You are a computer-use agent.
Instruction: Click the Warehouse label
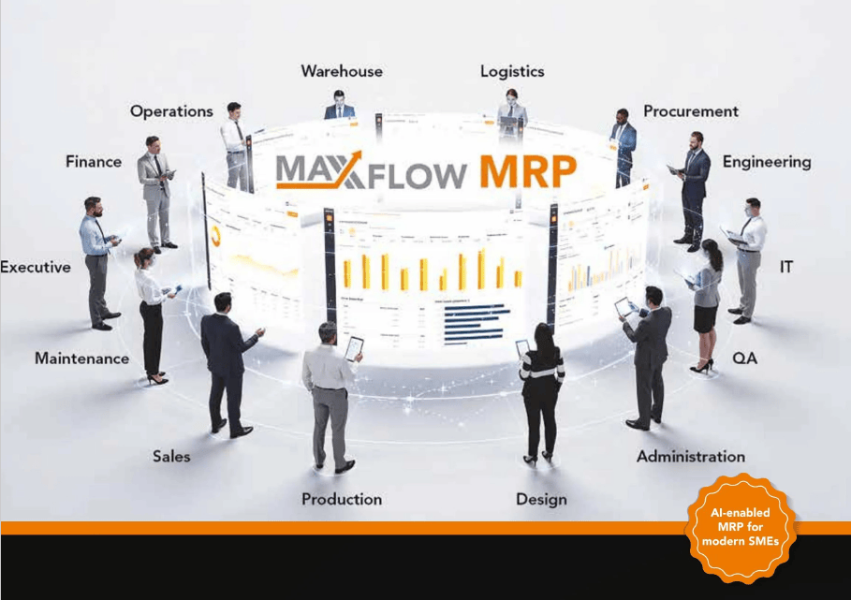[x=341, y=71]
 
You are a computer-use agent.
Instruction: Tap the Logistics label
[x=512, y=71]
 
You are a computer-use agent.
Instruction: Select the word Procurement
[x=691, y=111]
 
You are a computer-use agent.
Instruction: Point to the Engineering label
[x=766, y=162]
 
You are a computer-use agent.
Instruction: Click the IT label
[x=786, y=268]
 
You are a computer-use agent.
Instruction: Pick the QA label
[x=745, y=359]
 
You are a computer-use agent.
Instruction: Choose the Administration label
[x=691, y=457]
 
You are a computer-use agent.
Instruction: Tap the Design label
[x=541, y=499]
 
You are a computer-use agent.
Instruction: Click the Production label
[x=342, y=499]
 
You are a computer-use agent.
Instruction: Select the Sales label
[x=171, y=457]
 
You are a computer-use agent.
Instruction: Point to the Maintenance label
[x=81, y=359]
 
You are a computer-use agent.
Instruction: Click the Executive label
[x=36, y=268]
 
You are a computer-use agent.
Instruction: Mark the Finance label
[x=94, y=162]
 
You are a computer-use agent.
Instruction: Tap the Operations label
[x=171, y=111]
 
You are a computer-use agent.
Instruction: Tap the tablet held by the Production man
[x=354, y=348]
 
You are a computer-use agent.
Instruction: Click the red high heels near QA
[x=701, y=367]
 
